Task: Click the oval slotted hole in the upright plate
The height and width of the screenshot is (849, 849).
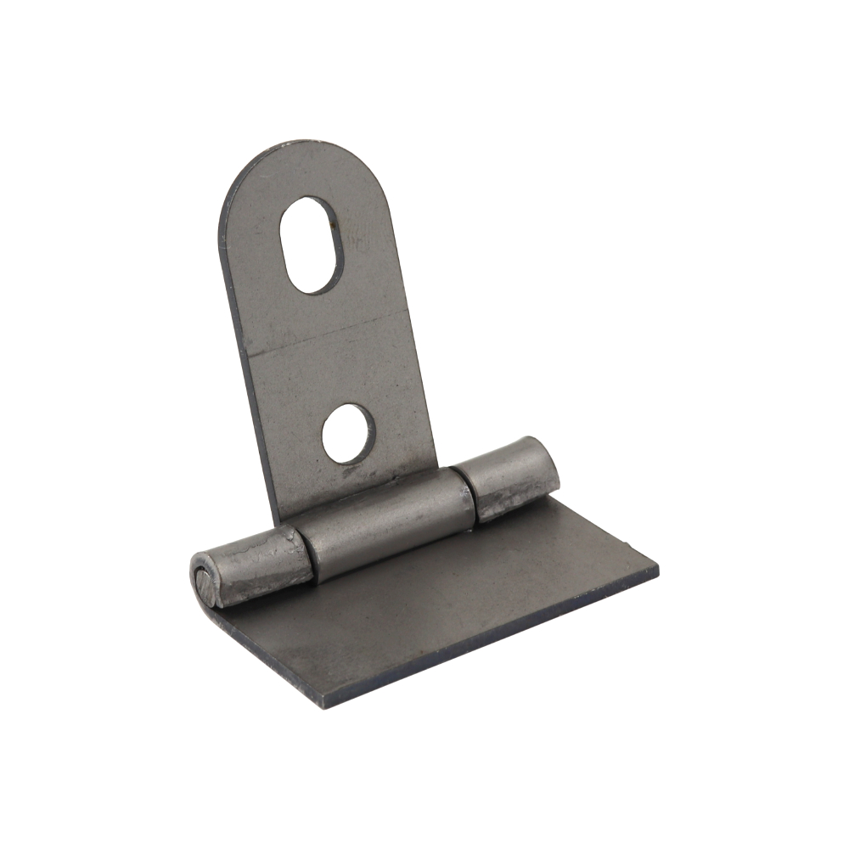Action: [312, 245]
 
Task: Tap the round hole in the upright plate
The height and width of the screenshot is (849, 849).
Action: [348, 433]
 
